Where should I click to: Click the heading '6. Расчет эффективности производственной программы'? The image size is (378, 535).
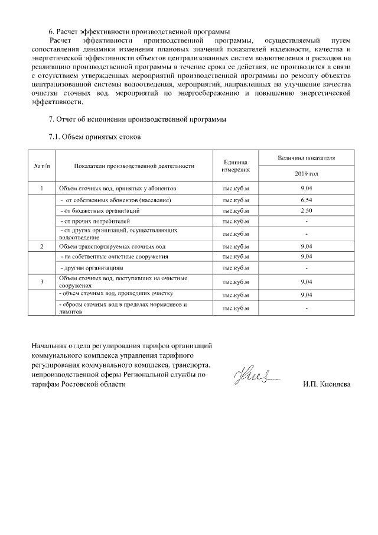(x=139, y=31)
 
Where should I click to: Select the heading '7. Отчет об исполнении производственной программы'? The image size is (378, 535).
(x=137, y=119)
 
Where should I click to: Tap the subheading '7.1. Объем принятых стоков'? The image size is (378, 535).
(x=94, y=137)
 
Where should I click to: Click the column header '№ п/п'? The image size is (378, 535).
(x=42, y=166)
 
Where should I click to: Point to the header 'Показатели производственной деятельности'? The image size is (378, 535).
(x=135, y=166)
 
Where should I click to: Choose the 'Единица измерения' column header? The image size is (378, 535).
(x=236, y=166)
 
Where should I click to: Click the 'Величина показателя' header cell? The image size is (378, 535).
(x=306, y=158)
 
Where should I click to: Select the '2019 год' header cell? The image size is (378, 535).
(x=306, y=174)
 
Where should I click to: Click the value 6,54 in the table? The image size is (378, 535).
(x=306, y=200)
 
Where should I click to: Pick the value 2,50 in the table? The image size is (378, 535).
(x=306, y=210)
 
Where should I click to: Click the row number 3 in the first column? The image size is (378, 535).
(x=42, y=281)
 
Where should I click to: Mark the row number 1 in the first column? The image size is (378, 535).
(x=42, y=189)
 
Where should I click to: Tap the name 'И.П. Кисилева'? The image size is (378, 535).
(x=326, y=385)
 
